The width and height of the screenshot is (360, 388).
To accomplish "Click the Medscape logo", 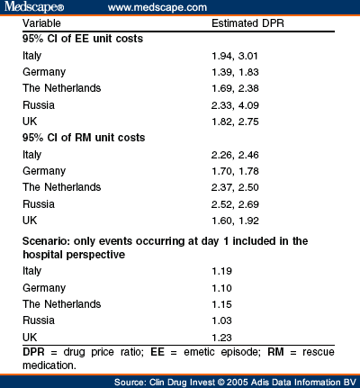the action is [x=34, y=7].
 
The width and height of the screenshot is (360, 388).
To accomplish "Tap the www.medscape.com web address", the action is [x=157, y=7].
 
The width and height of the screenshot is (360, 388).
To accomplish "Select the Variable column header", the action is [x=41, y=23].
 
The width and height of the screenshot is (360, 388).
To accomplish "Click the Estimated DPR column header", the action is [x=247, y=23].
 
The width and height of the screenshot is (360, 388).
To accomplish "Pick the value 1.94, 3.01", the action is [x=235, y=56].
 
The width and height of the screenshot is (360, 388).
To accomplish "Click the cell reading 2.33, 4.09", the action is [x=235, y=105].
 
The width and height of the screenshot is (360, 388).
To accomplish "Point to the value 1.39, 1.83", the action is [x=235, y=72].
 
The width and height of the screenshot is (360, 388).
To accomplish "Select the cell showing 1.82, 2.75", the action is [x=235, y=122].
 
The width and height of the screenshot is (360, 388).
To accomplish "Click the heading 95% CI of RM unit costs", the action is [x=84, y=138].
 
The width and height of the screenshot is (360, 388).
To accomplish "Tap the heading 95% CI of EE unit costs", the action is [x=83, y=39].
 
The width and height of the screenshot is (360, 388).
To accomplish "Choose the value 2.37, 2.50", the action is [x=235, y=187].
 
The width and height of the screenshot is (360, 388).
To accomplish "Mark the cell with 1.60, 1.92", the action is [x=235, y=221].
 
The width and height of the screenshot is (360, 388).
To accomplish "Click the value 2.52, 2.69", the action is [x=235, y=204].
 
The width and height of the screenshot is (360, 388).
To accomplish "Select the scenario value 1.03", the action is [x=221, y=320].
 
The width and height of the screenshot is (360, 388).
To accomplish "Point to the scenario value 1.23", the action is [x=221, y=338].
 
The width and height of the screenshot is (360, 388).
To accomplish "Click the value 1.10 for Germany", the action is [x=221, y=288].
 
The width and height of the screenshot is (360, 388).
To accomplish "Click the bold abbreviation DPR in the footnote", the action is [x=33, y=352].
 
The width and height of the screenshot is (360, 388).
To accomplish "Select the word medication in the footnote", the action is [x=49, y=365].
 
